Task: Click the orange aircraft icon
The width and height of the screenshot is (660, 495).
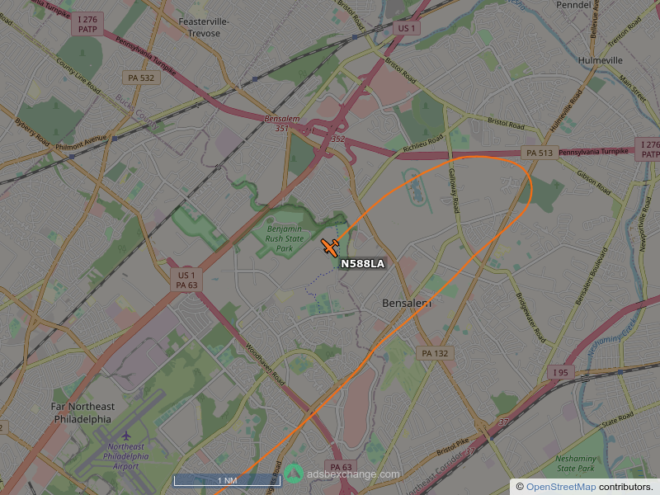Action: tap(330, 247)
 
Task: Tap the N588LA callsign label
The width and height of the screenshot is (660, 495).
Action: tap(362, 264)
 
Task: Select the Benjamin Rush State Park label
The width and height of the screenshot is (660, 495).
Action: tap(284, 238)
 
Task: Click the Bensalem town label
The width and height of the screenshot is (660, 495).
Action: tap(407, 304)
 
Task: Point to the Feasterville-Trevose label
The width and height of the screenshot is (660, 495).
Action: tap(204, 26)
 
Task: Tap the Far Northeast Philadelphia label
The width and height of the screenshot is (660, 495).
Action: tap(82, 412)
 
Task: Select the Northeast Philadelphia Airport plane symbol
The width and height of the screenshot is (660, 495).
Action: tap(126, 435)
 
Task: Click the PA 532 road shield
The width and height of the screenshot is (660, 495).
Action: tap(141, 78)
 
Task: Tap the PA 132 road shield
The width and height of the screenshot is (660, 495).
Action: tap(435, 353)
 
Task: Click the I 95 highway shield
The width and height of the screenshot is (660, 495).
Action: tap(561, 373)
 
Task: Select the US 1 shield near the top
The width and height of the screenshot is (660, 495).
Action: tap(406, 28)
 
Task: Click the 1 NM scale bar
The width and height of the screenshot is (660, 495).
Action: tap(227, 480)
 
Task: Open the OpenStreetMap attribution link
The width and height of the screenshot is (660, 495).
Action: tap(560, 487)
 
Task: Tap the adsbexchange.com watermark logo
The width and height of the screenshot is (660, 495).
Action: tap(295, 474)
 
